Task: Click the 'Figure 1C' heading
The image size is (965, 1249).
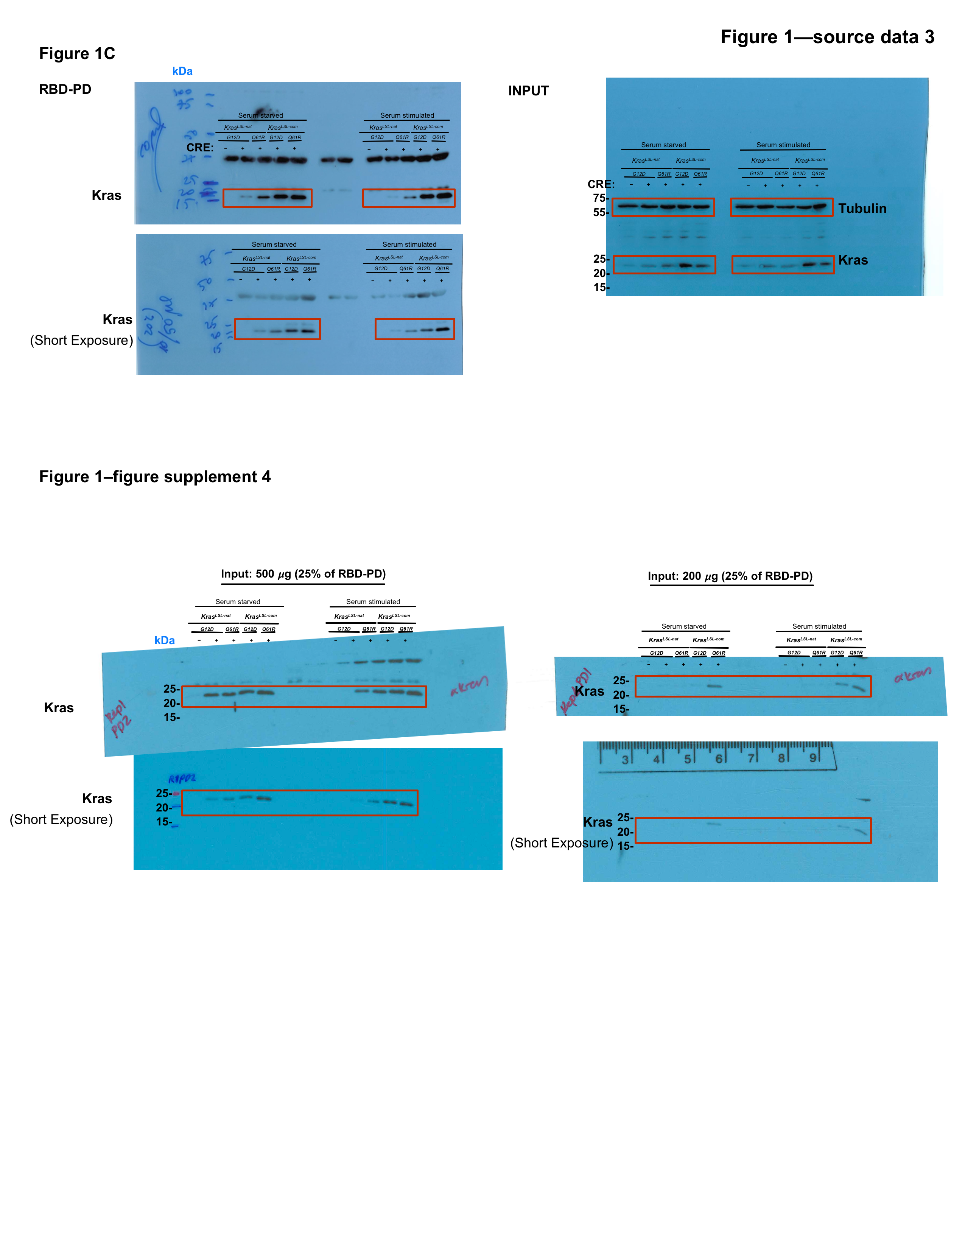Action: tap(77, 54)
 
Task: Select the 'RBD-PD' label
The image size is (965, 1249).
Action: tap(65, 89)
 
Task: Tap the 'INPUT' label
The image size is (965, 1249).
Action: tap(528, 91)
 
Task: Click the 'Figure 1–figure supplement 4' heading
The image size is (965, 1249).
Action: tap(155, 477)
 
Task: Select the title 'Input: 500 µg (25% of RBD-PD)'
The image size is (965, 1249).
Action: tap(303, 574)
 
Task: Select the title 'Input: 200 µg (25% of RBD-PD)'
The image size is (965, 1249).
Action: tap(730, 576)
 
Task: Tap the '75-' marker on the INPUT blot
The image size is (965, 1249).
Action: tap(600, 198)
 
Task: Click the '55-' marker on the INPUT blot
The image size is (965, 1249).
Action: tap(600, 212)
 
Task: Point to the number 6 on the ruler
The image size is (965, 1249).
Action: tap(719, 759)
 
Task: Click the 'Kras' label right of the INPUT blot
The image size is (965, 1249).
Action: tap(853, 260)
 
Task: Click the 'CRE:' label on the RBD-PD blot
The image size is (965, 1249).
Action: tap(200, 148)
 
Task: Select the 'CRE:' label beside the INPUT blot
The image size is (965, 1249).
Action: tap(601, 184)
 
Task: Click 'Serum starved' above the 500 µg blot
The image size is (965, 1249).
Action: tap(237, 602)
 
